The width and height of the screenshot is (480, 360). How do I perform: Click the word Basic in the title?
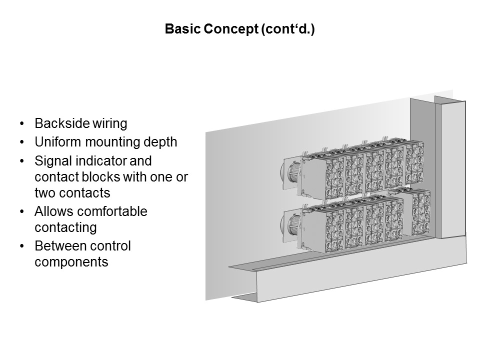183,29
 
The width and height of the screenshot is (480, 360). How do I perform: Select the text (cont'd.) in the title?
288,29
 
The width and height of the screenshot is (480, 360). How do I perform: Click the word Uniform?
58,142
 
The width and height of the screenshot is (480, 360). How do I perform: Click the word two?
45,193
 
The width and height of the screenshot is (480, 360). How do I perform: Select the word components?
71,262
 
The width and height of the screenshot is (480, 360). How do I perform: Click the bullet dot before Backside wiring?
21,123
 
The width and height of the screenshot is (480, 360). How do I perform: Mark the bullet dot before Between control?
21,246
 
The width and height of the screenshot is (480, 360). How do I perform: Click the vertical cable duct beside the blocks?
450,168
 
